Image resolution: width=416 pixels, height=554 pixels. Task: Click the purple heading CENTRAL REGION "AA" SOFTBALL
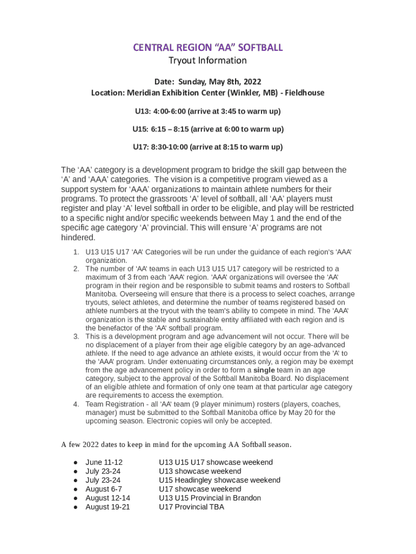[208, 48]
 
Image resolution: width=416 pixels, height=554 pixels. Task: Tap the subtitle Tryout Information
[208, 61]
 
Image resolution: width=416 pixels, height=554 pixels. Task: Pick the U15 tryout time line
[208, 129]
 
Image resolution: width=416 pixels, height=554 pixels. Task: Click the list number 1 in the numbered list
[76, 252]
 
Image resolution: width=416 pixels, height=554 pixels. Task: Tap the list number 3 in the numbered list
[76, 337]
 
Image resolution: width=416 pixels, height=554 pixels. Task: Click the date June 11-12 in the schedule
[104, 463]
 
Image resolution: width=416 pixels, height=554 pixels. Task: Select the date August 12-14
[108, 498]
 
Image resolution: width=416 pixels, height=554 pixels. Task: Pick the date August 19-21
[108, 507]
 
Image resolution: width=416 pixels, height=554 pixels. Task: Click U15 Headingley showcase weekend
[219, 480]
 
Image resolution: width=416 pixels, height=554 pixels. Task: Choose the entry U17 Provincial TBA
[191, 507]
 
